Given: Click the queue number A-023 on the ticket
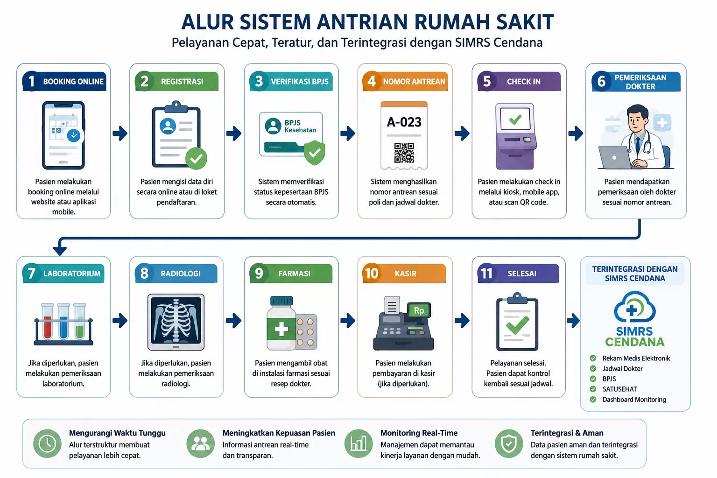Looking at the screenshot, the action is pyautogui.click(x=404, y=122).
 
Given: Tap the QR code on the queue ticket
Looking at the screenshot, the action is pyautogui.click(x=404, y=153).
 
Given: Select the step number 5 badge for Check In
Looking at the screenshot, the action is pyautogui.click(x=486, y=81).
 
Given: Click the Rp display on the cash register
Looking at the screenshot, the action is pyautogui.click(x=419, y=310).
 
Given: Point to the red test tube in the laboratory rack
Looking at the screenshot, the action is pyautogui.click(x=47, y=321).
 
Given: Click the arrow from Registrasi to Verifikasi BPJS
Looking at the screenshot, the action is pyautogui.click(x=234, y=133).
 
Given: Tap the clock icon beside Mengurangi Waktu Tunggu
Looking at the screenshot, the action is pyautogui.click(x=47, y=444).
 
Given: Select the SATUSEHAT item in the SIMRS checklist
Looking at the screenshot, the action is pyautogui.click(x=619, y=389).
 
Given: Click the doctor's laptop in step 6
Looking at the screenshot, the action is pyautogui.click(x=615, y=157).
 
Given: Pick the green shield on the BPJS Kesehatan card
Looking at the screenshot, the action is pyautogui.click(x=314, y=152).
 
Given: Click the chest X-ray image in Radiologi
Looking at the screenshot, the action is pyautogui.click(x=176, y=322).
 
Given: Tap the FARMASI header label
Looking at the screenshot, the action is pyautogui.click(x=294, y=274).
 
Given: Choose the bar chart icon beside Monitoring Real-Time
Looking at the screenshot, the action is pyautogui.click(x=358, y=444).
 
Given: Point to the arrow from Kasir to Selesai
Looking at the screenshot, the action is pyautogui.click(x=462, y=321).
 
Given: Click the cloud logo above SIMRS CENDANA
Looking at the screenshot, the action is pyautogui.click(x=634, y=306).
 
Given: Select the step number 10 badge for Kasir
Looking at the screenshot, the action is pyautogui.click(x=371, y=273).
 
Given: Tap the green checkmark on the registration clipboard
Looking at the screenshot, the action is pyautogui.click(x=196, y=158).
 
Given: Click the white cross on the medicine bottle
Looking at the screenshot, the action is pyautogui.click(x=281, y=329).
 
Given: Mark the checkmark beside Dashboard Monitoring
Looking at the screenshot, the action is pyautogui.click(x=593, y=399).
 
